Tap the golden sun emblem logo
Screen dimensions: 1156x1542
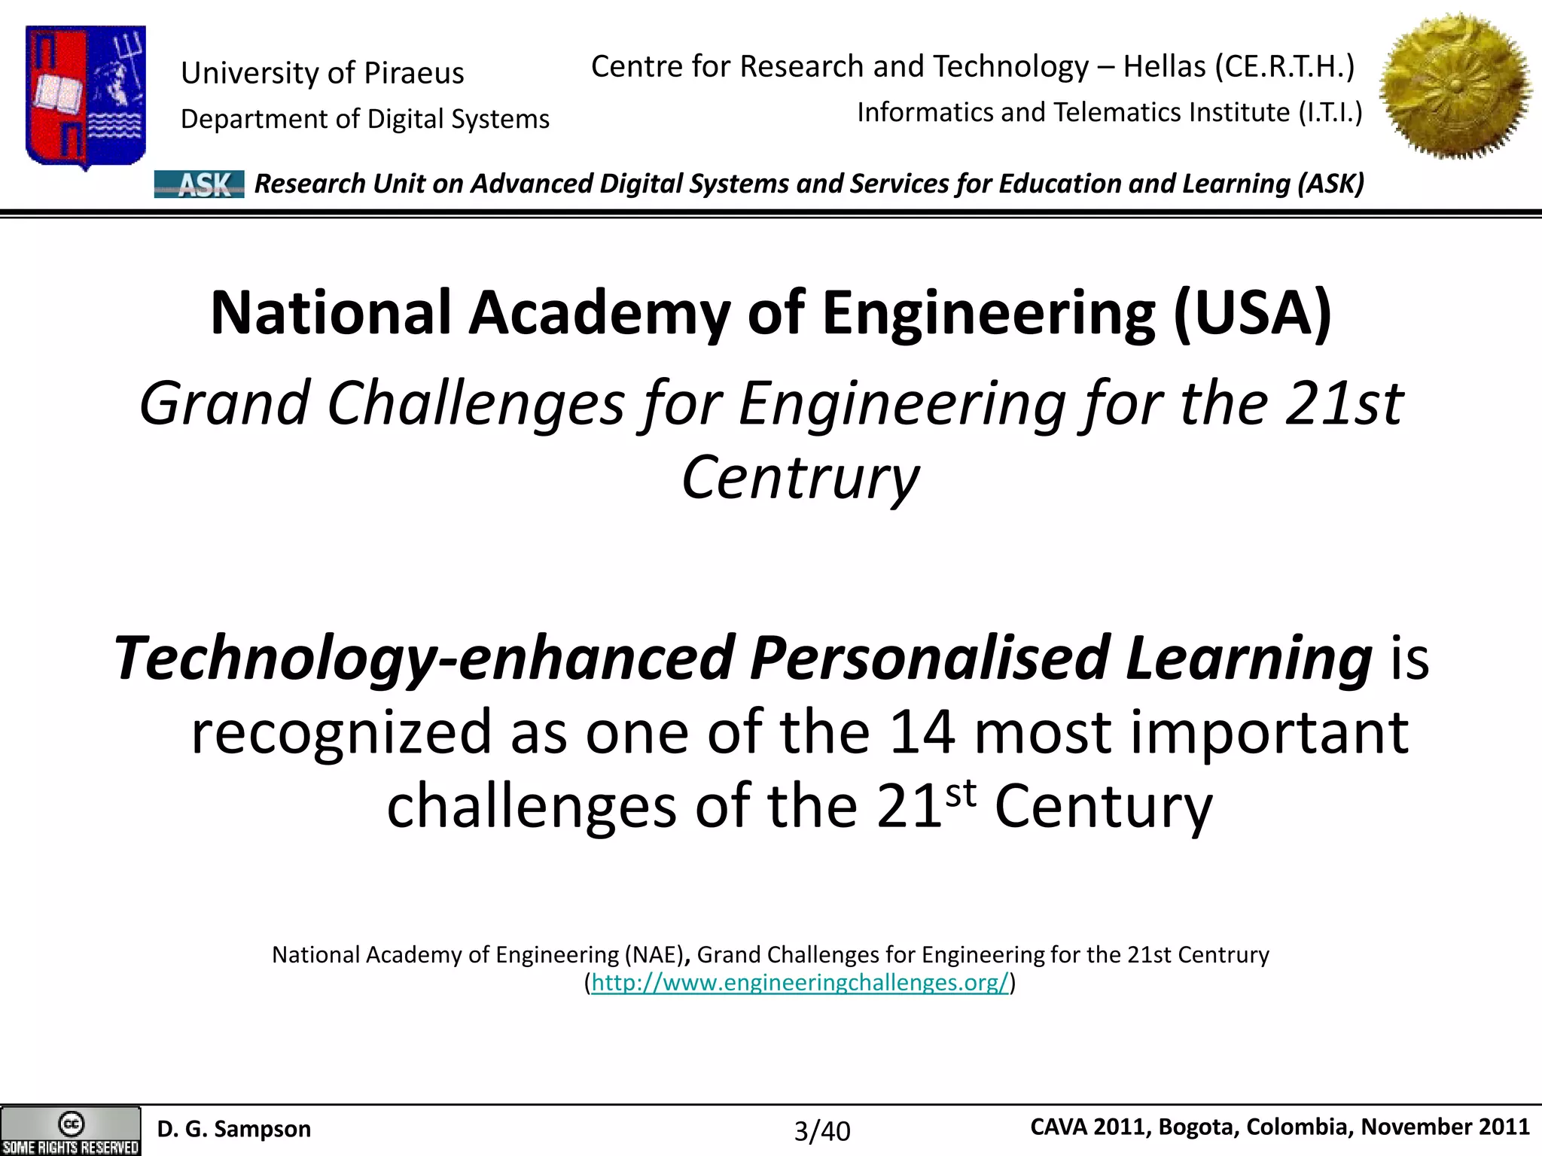coord(1456,87)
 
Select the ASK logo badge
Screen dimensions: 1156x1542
coord(199,184)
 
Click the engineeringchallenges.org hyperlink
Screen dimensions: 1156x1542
coord(800,983)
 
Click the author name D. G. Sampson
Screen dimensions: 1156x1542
coord(233,1129)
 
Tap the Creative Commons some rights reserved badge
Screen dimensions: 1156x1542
coord(71,1130)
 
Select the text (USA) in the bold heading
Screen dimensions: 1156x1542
coord(1252,313)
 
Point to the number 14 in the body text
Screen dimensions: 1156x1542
coord(922,732)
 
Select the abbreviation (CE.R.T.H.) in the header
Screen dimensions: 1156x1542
coord(1284,67)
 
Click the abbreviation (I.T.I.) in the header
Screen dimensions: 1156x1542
coord(1330,113)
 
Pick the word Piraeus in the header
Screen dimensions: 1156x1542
coord(414,74)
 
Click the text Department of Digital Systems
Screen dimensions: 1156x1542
coord(365,120)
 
